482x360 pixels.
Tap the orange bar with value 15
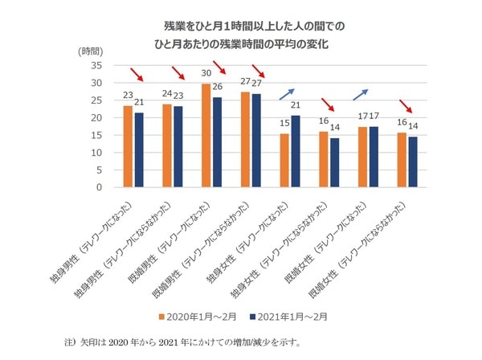point(284,161)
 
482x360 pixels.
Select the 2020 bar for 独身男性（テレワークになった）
point(128,146)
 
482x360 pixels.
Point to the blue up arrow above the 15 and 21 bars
point(287,95)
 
